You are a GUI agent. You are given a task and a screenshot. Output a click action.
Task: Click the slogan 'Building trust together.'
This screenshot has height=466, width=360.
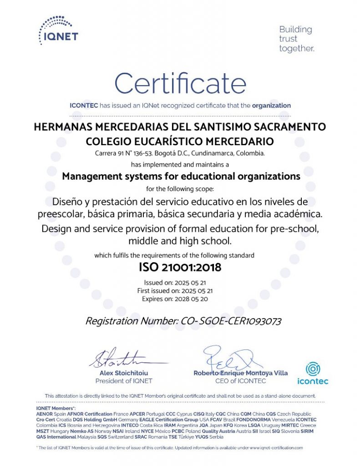pos(296,39)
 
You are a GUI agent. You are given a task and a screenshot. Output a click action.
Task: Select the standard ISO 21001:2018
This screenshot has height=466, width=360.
pos(180,267)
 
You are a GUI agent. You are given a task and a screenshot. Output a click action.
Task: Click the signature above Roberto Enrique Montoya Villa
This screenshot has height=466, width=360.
pos(232,357)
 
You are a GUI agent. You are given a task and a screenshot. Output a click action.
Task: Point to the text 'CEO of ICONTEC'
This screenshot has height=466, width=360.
pos(241,381)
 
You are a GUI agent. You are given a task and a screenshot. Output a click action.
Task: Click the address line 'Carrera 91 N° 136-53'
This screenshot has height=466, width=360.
pos(129,153)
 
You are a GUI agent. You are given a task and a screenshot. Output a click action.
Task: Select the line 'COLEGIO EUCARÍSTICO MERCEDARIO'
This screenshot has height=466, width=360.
pos(180,141)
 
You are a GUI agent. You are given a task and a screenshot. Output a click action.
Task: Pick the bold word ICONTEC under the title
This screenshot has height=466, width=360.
pos(84,106)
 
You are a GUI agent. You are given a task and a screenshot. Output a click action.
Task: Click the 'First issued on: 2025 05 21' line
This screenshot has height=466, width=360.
pos(175,290)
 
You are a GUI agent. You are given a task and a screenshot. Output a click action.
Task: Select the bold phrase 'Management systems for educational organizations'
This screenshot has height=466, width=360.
pos(181,176)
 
